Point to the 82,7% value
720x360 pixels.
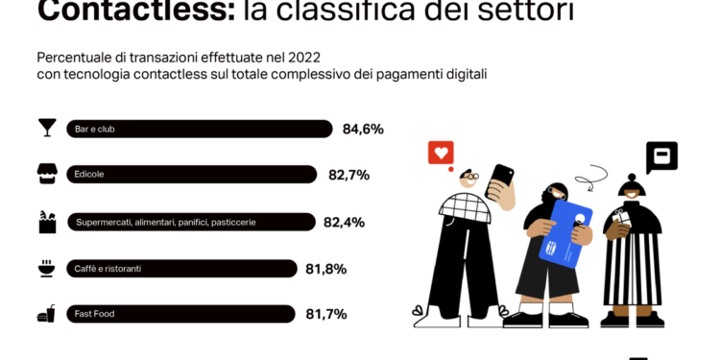(x=348, y=175)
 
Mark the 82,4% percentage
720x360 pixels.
(x=348, y=222)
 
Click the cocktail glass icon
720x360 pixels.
(x=44, y=128)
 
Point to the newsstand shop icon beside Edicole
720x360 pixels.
(x=44, y=174)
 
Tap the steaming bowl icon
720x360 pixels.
(x=44, y=267)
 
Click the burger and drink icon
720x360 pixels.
(x=44, y=313)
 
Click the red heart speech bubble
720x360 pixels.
(x=440, y=153)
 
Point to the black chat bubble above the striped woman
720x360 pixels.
(x=661, y=156)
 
